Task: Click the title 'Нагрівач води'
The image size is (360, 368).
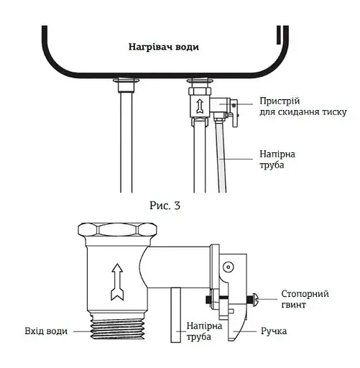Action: click(164, 47)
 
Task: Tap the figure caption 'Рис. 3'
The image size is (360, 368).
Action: click(165, 206)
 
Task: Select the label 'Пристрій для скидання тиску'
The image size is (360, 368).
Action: click(303, 106)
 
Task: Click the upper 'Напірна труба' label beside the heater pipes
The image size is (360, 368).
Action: click(277, 160)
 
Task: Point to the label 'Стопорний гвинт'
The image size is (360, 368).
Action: click(305, 299)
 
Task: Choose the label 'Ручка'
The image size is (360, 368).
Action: click(274, 331)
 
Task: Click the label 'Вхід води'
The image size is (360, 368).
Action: click(46, 331)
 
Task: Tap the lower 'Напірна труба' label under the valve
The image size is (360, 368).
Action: click(204, 331)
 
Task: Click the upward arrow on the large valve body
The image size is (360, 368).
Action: click(117, 282)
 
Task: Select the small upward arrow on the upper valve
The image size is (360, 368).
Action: click(199, 106)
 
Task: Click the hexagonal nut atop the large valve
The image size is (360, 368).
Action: click(117, 231)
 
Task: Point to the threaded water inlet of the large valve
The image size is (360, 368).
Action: click(117, 327)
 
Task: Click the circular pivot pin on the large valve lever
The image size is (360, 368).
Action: click(228, 267)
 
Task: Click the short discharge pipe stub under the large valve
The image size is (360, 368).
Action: click(176, 315)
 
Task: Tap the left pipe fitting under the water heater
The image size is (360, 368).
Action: click(126, 86)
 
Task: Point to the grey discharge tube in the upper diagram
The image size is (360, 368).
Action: click(221, 156)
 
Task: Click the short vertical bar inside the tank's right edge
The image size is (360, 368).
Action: click(279, 35)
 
